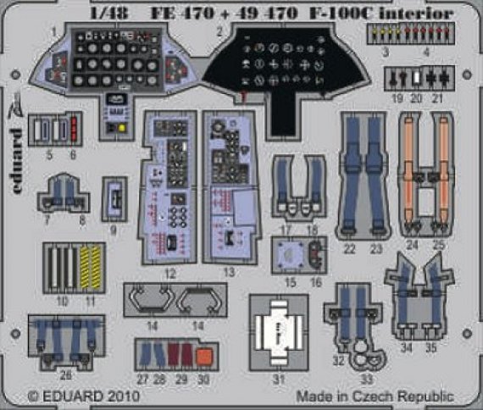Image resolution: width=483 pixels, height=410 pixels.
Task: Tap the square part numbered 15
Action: tap(290, 253)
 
